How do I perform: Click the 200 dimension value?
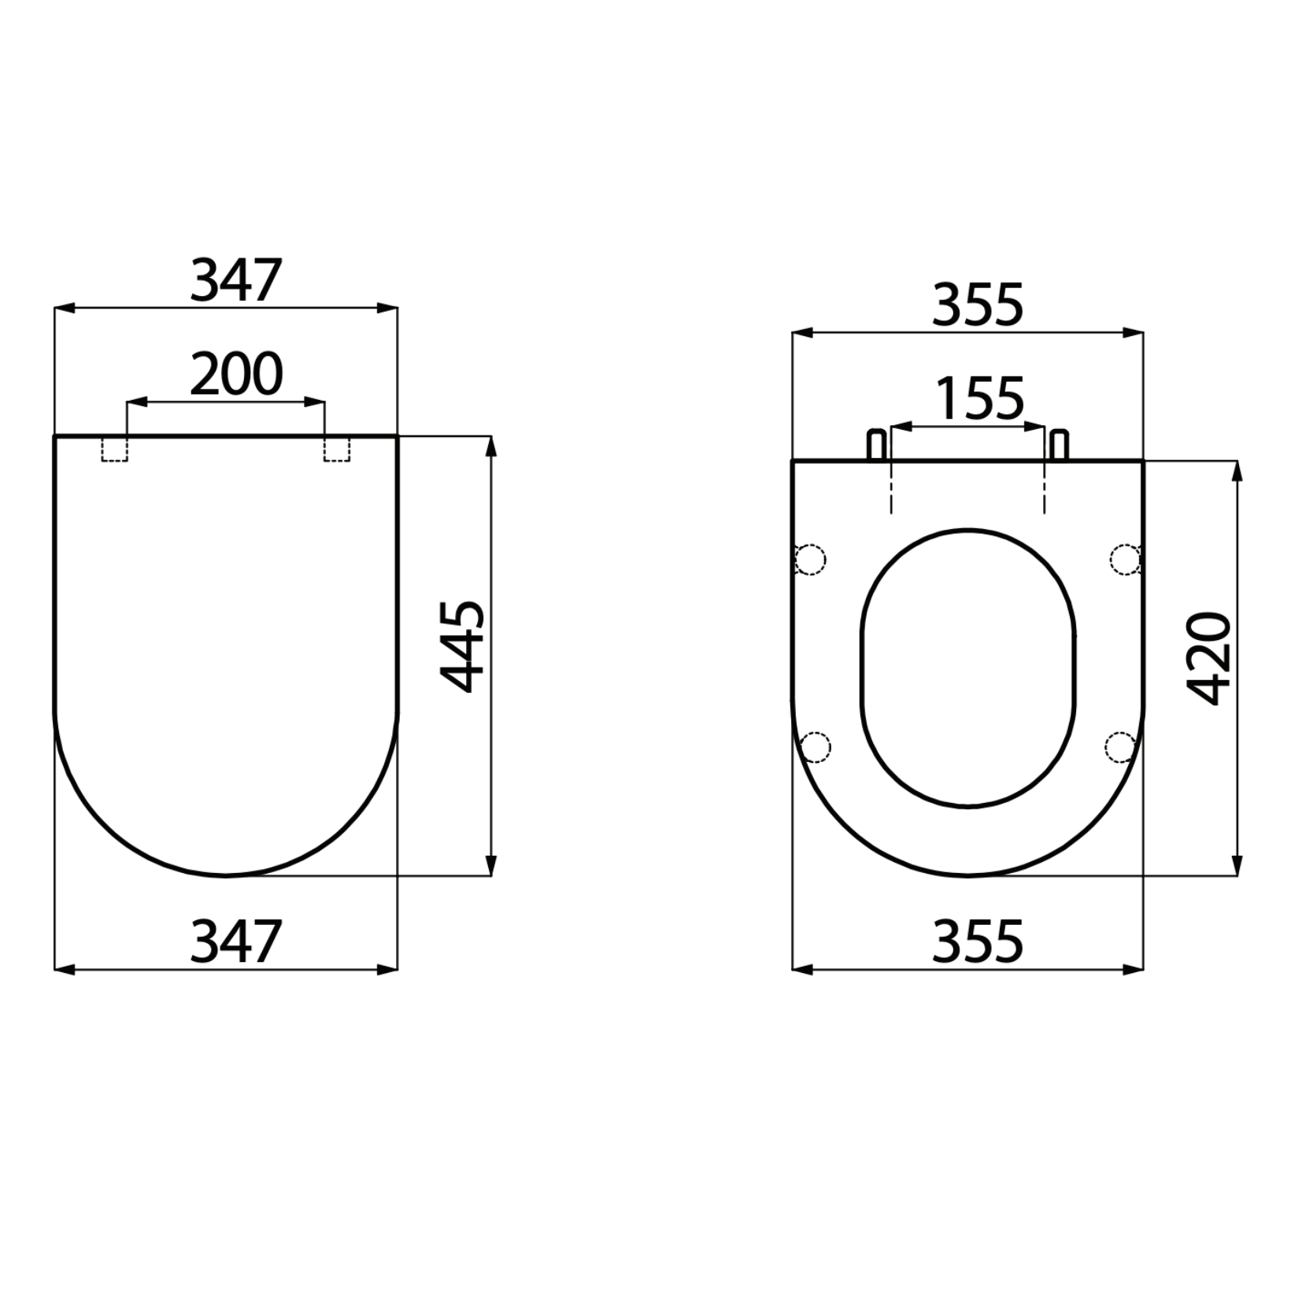click(236, 375)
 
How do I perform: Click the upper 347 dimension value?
click(236, 281)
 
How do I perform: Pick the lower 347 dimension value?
click(236, 942)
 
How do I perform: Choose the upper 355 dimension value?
click(978, 305)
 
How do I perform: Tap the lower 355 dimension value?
click(978, 942)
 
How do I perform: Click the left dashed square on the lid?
click(115, 449)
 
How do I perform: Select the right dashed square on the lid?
click(337, 449)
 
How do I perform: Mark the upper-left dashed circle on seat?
click(810, 560)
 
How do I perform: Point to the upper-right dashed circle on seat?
click(1126, 559)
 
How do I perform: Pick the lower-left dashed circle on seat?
click(815, 746)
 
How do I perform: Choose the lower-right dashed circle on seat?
click(1120, 746)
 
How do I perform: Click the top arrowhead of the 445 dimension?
click(491, 446)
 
